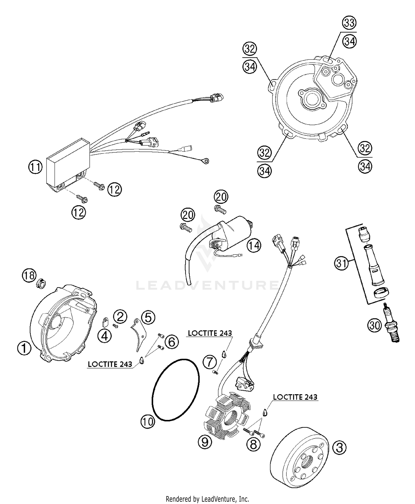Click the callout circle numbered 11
[x=35, y=167]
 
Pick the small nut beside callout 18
[x=41, y=284]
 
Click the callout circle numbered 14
[x=254, y=246]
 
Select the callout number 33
[x=349, y=23]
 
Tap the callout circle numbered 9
[x=205, y=442]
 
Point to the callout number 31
[x=341, y=263]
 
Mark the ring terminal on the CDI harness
[x=205, y=161]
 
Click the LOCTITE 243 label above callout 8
[x=295, y=397]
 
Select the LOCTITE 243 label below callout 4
[x=110, y=364]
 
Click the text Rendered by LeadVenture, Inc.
[x=207, y=499]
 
